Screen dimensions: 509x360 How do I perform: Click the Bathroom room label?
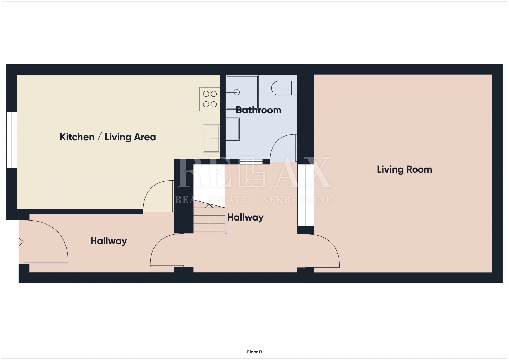pos(258,110)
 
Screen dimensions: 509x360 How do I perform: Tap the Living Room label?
pos(404,169)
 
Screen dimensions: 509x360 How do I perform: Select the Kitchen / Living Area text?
pos(108,137)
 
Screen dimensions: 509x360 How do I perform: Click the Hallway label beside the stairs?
pos(245,217)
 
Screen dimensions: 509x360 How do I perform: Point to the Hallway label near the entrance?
pos(109,241)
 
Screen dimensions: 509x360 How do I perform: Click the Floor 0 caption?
pos(254,352)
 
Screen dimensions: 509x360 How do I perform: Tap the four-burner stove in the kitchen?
pos(210,99)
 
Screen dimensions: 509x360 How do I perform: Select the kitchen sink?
pos(211,139)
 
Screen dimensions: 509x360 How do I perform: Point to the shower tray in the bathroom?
pos(242,92)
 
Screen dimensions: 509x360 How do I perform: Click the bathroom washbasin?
pos(232,129)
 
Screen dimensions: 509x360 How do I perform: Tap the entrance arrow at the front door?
pos(19,242)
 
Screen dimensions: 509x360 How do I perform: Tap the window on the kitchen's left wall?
pos(12,140)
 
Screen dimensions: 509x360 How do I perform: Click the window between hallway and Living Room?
pos(306,195)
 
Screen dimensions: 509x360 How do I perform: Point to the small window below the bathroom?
pos(251,161)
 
